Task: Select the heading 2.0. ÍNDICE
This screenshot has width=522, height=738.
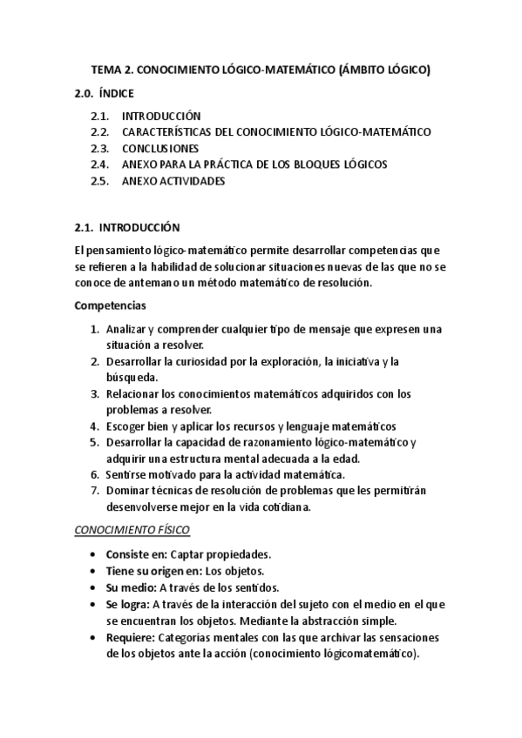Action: (x=104, y=92)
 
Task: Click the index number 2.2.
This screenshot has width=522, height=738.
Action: (x=99, y=132)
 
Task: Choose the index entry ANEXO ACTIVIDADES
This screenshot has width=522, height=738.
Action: (x=173, y=181)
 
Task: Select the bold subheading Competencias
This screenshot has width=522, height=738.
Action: (x=110, y=306)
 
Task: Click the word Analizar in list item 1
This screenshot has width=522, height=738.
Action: (x=125, y=330)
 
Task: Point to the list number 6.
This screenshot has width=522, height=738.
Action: (x=94, y=474)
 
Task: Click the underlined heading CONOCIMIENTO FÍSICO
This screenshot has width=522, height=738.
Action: (x=132, y=530)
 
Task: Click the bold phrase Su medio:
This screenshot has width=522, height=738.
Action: (x=131, y=587)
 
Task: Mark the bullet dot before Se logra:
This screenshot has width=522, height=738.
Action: (x=94, y=604)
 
